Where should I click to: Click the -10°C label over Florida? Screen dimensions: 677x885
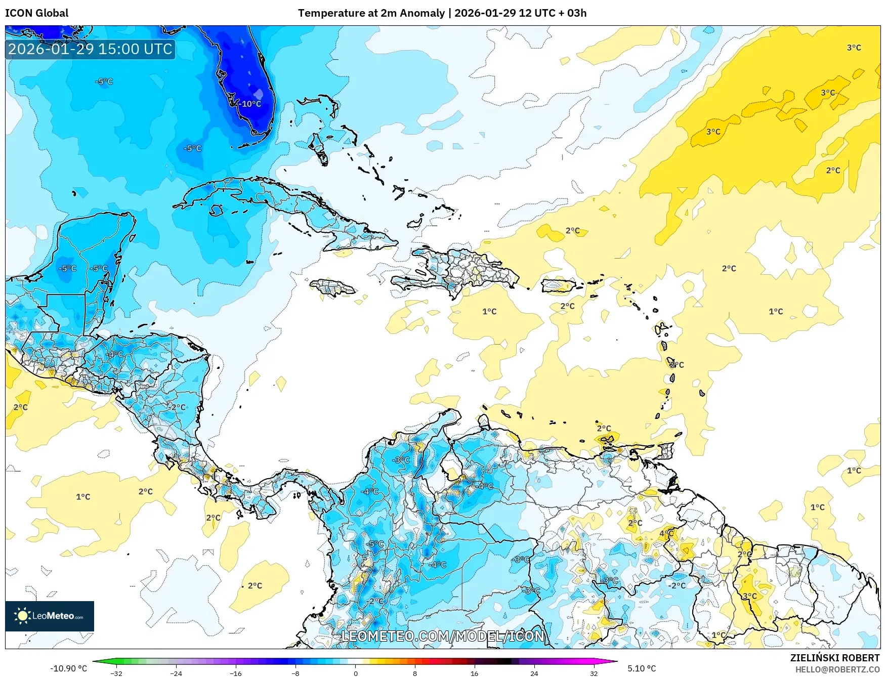pyautogui.click(x=250, y=104)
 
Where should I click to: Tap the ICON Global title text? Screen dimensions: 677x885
pyautogui.click(x=36, y=13)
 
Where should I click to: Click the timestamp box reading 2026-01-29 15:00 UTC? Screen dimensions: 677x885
pyautogui.click(x=90, y=49)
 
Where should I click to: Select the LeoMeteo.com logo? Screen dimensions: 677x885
pyautogui.click(x=50, y=616)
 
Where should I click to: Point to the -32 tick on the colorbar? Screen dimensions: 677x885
pyautogui.click(x=116, y=673)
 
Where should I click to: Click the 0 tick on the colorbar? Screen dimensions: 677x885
pyautogui.click(x=355, y=673)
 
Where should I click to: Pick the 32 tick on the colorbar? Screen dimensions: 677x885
pyautogui.click(x=594, y=673)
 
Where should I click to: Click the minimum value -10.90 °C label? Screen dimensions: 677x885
pyautogui.click(x=69, y=668)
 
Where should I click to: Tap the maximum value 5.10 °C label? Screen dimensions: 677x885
pyautogui.click(x=642, y=668)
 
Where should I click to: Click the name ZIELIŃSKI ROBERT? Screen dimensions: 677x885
pyautogui.click(x=835, y=658)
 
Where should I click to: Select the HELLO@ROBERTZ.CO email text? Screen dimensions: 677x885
pyautogui.click(x=837, y=669)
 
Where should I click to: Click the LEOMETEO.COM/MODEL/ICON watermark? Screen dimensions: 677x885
pyautogui.click(x=443, y=636)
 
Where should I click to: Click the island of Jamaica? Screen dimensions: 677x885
pyautogui.click(x=332, y=288)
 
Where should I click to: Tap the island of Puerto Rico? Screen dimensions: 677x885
pyautogui.click(x=559, y=286)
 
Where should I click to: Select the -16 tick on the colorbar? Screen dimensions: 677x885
pyautogui.click(x=236, y=673)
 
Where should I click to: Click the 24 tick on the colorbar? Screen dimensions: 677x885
pyautogui.click(x=534, y=673)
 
